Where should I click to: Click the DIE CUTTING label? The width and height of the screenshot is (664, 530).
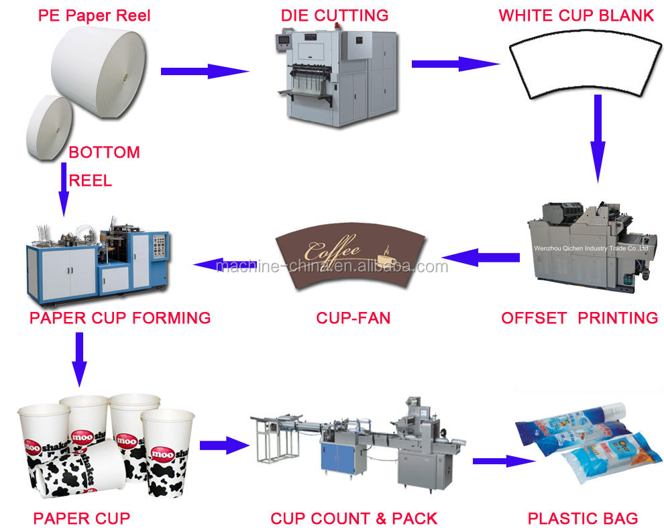click(334, 15)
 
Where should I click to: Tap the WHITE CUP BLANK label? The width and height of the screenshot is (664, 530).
click(576, 15)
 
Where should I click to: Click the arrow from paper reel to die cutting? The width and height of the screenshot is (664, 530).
click(204, 70)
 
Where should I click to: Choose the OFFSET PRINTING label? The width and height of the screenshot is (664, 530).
click(579, 317)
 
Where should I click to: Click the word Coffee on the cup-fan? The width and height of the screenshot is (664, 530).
click(332, 251)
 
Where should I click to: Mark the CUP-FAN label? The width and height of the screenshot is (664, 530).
click(353, 317)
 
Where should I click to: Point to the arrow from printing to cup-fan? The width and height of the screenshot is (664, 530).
click(480, 257)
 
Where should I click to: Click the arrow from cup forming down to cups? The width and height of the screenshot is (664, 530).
click(79, 359)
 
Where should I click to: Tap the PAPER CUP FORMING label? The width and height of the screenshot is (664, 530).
click(120, 317)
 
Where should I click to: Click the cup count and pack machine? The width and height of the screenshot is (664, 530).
click(359, 446)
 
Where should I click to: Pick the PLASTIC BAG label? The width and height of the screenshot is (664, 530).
click(582, 518)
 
